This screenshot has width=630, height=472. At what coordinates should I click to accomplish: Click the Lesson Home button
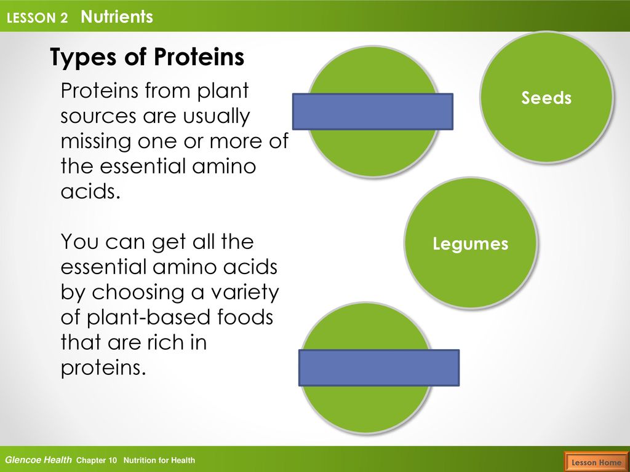click(596, 462)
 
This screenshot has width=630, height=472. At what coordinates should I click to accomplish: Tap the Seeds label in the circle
click(546, 98)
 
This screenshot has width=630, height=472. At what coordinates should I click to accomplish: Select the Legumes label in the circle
click(471, 244)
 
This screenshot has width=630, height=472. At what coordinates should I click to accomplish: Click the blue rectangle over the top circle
click(373, 112)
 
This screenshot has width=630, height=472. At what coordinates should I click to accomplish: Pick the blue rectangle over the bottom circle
click(379, 368)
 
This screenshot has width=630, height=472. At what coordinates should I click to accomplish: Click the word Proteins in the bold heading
click(199, 57)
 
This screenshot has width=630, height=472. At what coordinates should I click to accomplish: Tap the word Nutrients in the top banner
click(117, 17)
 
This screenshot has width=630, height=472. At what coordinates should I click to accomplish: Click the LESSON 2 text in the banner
click(38, 18)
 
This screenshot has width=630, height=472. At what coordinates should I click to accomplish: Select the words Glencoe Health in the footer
click(38, 460)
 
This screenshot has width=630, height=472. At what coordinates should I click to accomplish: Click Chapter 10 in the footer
click(97, 460)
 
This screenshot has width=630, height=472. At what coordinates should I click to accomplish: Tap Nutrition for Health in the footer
click(159, 460)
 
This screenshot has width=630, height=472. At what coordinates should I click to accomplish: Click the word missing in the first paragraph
click(96, 142)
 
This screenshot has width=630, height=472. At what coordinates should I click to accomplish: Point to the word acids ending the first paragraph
click(91, 191)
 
